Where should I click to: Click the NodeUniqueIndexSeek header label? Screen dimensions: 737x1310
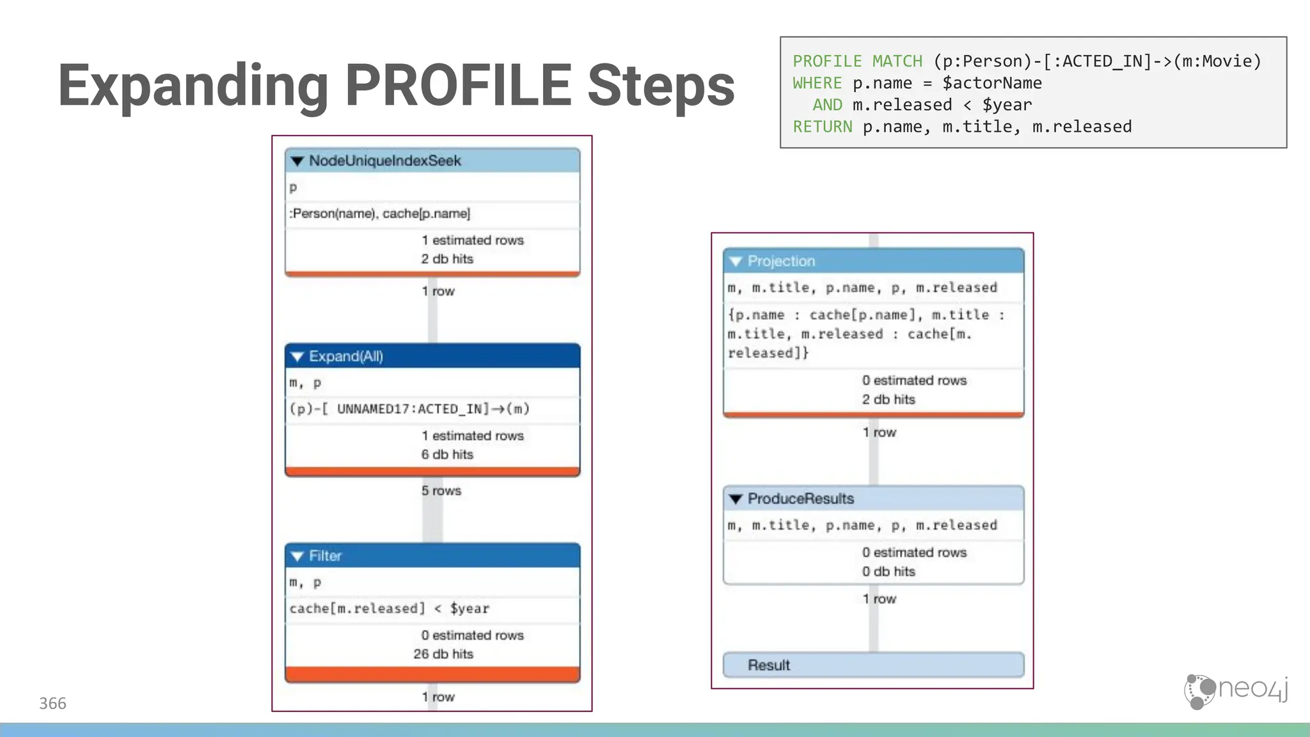point(384,161)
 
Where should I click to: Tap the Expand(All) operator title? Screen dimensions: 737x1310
point(345,356)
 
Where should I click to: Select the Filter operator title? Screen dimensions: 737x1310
point(325,556)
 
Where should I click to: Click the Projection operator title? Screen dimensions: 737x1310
point(781,261)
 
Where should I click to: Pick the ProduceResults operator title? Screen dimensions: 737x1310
point(800,498)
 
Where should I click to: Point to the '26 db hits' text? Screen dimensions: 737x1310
point(443,654)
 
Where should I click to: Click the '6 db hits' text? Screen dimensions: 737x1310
point(446,454)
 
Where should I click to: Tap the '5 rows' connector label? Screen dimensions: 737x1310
point(441,491)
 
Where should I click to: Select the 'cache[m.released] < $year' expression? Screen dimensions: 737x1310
point(389,608)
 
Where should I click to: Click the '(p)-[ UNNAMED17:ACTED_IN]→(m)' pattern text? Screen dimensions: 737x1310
point(409,409)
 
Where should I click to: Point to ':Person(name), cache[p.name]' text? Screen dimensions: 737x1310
point(379,214)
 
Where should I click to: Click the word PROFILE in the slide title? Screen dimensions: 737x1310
point(458,85)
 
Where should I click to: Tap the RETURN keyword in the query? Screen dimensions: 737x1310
point(822,127)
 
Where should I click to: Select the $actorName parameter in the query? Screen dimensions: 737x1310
point(991,83)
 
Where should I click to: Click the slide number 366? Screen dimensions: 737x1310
point(52,704)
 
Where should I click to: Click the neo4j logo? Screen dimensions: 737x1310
point(1236,690)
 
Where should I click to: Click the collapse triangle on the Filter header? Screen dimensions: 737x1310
point(297,556)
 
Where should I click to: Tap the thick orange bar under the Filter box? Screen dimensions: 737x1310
point(432,674)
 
